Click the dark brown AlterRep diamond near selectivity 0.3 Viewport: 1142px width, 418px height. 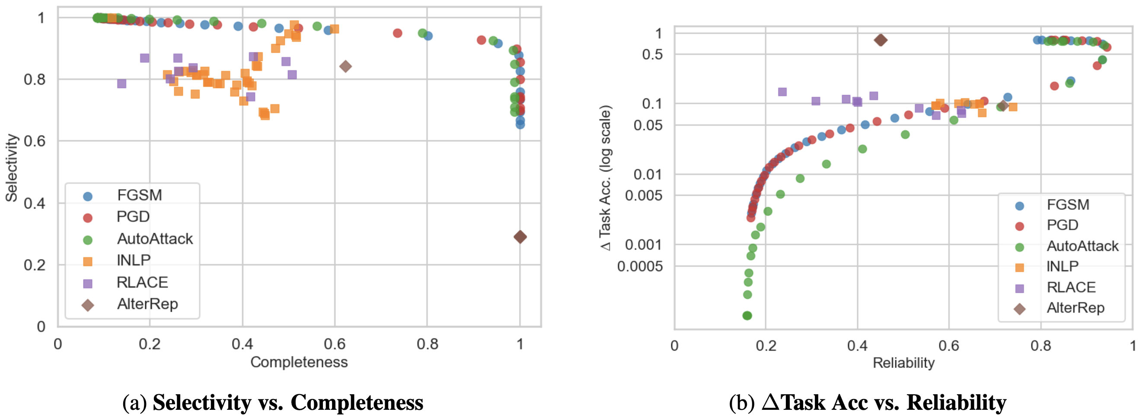(520, 237)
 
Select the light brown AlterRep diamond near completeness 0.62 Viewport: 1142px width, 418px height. (345, 66)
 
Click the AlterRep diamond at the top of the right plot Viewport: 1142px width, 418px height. (880, 40)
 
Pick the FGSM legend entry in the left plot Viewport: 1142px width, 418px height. (139, 195)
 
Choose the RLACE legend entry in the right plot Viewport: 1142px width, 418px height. (1071, 288)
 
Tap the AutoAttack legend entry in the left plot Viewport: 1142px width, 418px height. (154, 239)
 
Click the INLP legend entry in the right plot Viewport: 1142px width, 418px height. (1062, 266)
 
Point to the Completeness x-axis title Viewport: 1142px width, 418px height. (299, 362)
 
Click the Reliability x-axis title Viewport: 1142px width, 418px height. (903, 363)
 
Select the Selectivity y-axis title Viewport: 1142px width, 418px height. (12, 168)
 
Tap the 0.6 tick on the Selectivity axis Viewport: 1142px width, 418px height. (35, 141)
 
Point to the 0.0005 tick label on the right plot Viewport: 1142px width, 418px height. (640, 266)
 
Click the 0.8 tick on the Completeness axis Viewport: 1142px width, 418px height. (427, 344)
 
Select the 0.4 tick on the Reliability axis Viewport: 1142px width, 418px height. (857, 345)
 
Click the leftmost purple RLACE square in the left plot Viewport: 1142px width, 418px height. (121, 84)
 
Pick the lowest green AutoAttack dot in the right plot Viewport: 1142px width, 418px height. (747, 316)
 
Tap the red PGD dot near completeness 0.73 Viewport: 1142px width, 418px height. (397, 33)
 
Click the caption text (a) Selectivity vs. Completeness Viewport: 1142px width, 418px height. (273, 402)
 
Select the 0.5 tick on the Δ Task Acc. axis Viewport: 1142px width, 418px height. (652, 55)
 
